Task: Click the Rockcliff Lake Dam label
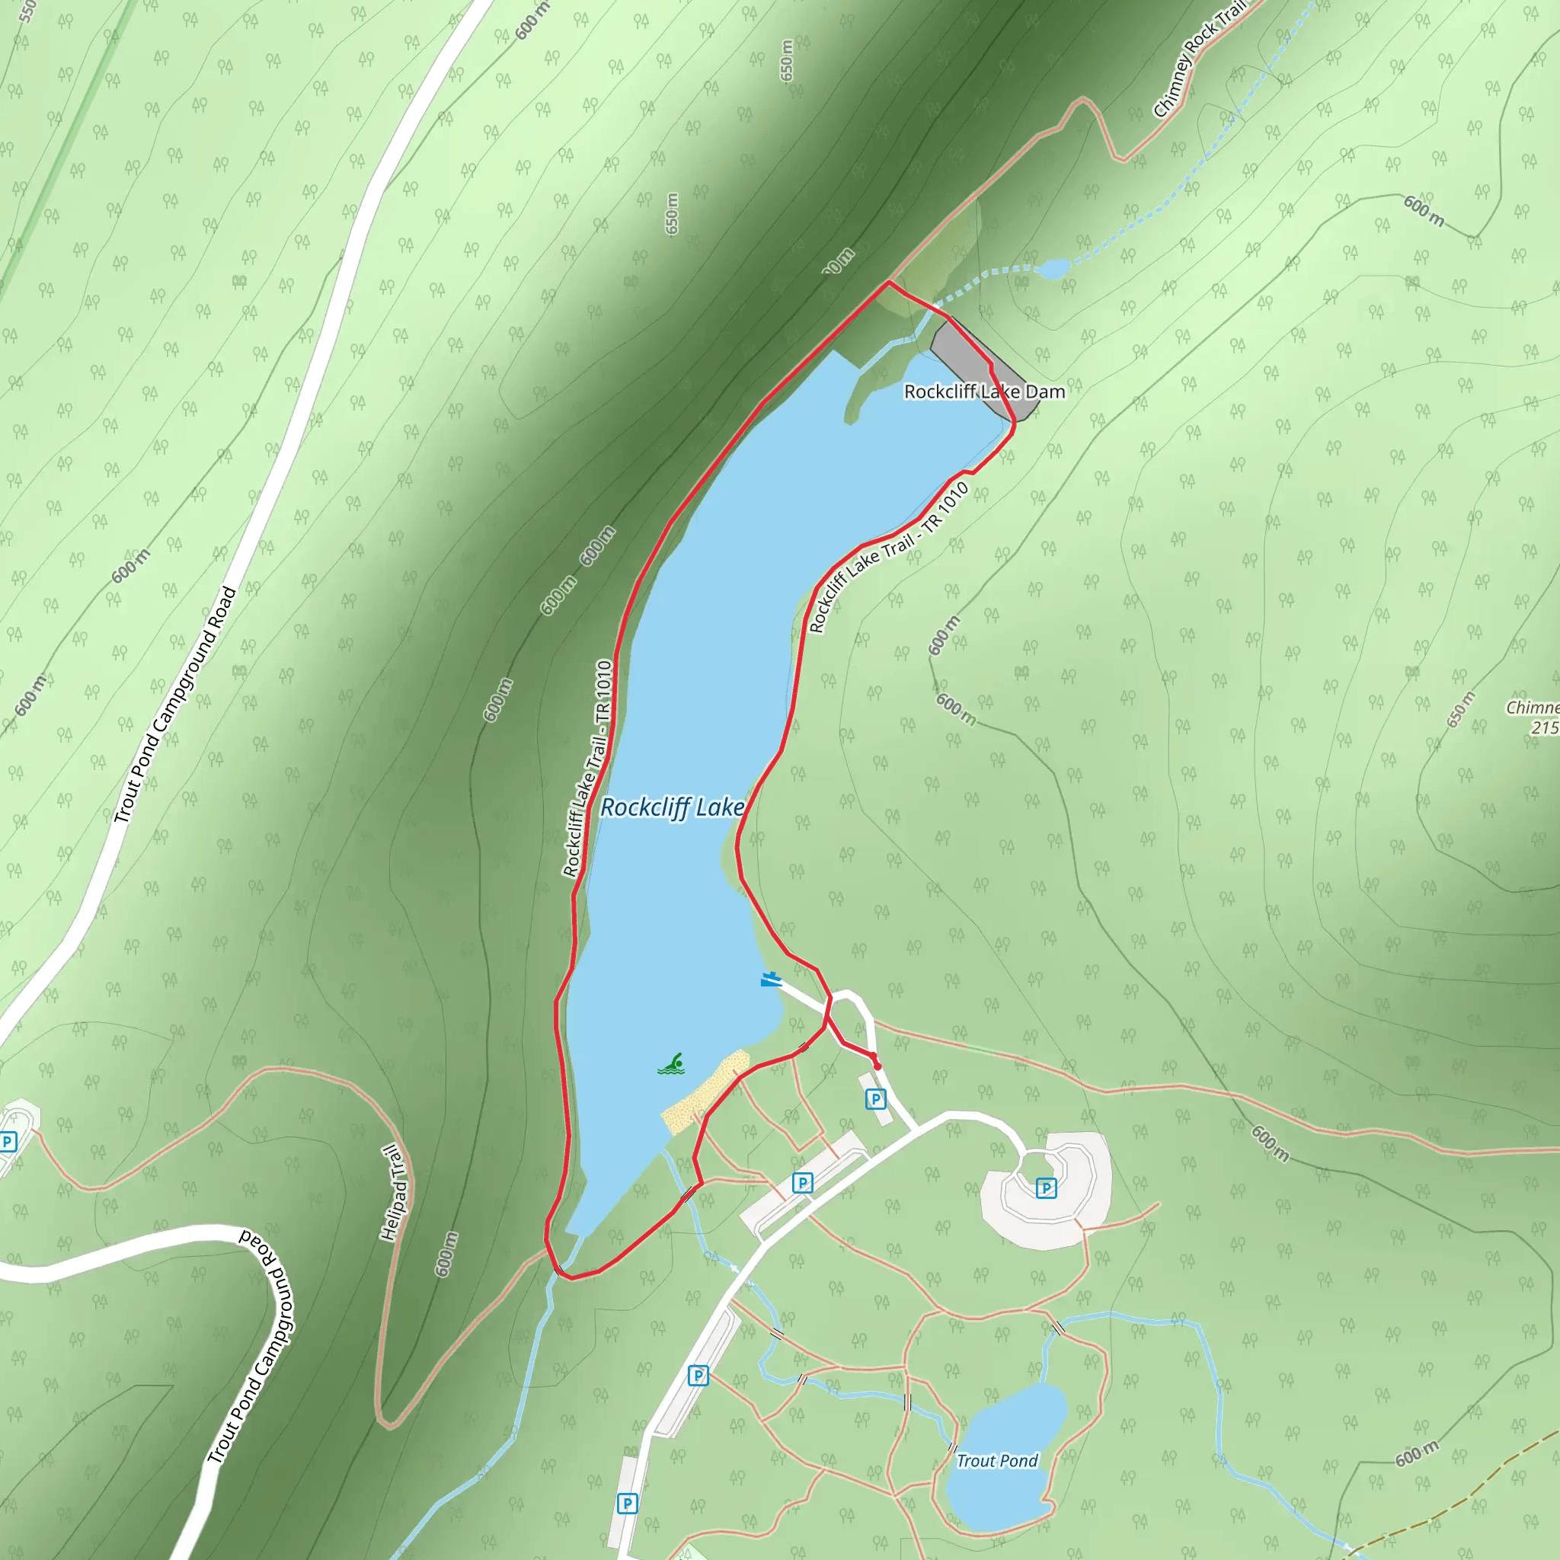984,392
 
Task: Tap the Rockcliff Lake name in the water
672,807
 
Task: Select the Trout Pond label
996,1461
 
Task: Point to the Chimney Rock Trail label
1198,61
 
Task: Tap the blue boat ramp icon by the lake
770,980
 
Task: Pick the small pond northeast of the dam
1053,268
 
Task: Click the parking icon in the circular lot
1046,1188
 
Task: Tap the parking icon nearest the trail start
875,1098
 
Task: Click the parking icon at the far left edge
8,1142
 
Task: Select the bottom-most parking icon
627,1504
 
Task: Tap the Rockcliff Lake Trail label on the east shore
889,557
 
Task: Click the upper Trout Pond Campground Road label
175,704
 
